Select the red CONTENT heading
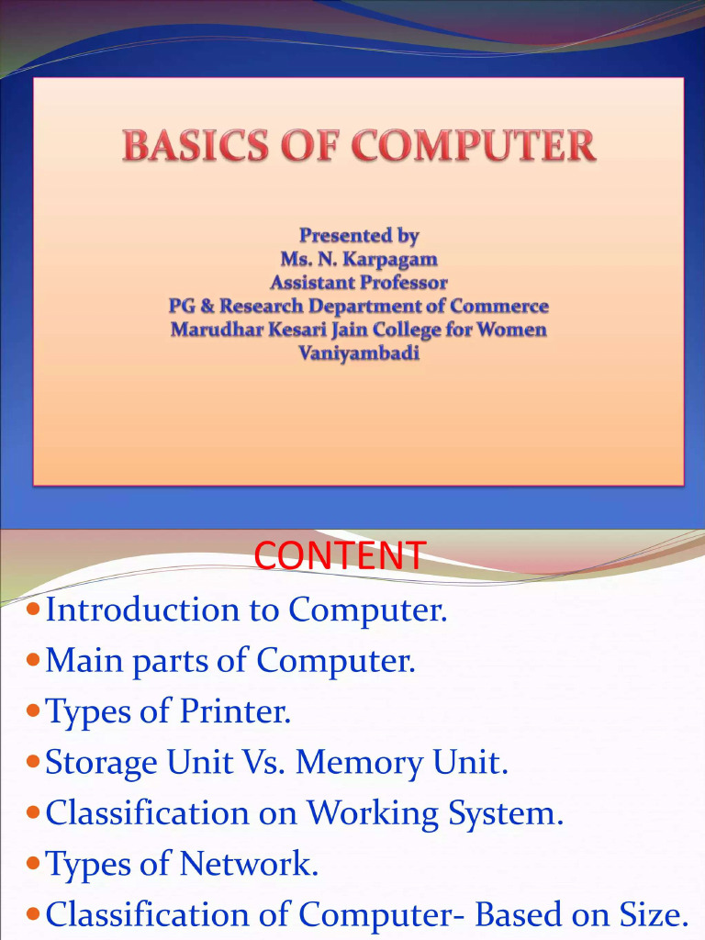[x=340, y=555]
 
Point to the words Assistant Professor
[x=359, y=283]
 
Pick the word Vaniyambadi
[x=359, y=352]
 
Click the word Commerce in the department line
[x=499, y=306]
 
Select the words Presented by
[x=359, y=236]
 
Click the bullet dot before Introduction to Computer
[x=34, y=610]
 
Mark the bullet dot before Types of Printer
[x=34, y=711]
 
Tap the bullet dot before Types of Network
[x=34, y=864]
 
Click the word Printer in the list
[x=245, y=711]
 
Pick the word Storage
[x=101, y=763]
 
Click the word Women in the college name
[x=511, y=330]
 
